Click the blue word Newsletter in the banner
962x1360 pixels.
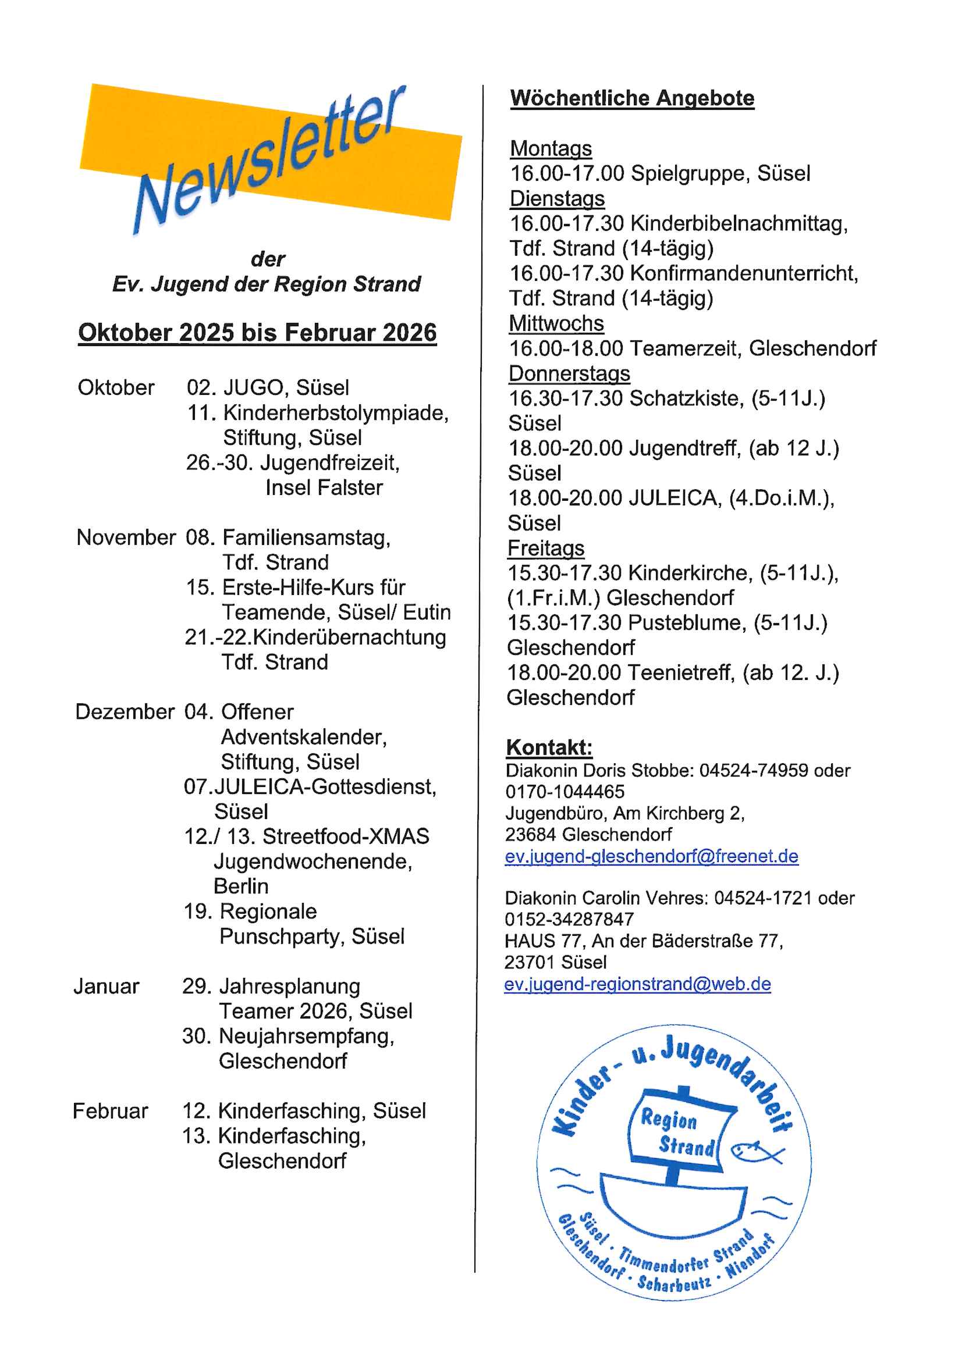click(269, 160)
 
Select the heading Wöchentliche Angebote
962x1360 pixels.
click(632, 98)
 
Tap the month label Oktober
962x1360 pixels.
click(116, 387)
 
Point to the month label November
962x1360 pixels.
click(126, 537)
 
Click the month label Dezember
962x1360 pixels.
click(125, 711)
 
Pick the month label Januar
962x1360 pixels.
click(107, 986)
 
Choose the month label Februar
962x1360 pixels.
click(110, 1110)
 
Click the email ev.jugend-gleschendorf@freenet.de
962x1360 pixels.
click(651, 856)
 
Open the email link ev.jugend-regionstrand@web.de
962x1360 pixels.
click(637, 984)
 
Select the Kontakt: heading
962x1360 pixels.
click(549, 747)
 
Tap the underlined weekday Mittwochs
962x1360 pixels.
click(556, 323)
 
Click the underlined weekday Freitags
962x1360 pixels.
click(546, 548)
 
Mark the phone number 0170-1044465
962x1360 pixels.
click(565, 792)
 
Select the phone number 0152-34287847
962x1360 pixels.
click(569, 919)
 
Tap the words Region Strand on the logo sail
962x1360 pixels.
click(677, 1133)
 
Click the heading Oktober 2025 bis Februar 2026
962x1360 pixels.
click(257, 333)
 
